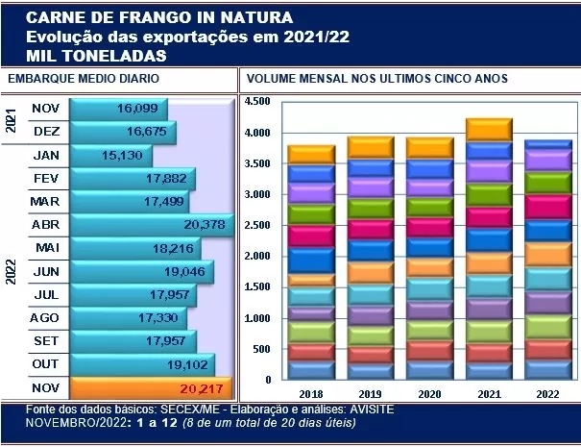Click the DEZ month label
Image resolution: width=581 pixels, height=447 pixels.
pyautogui.click(x=45, y=132)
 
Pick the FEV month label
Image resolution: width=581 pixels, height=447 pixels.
pyautogui.click(x=45, y=178)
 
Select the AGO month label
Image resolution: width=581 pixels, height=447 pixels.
pyautogui.click(x=45, y=317)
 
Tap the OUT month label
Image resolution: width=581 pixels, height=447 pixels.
pyautogui.click(x=45, y=364)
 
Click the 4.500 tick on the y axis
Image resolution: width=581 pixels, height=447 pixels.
pyautogui.click(x=258, y=101)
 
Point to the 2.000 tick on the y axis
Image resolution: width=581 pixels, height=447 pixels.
pyautogui.click(x=258, y=257)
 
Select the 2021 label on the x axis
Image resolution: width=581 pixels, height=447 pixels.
pyautogui.click(x=488, y=394)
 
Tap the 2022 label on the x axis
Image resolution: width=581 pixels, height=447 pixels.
pyautogui.click(x=549, y=394)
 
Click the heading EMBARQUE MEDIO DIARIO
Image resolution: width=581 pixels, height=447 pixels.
pyautogui.click(x=84, y=79)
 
